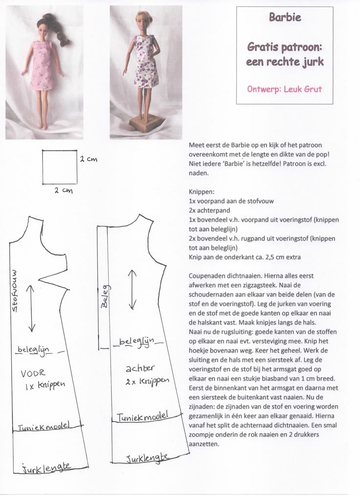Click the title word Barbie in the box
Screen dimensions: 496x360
(285, 18)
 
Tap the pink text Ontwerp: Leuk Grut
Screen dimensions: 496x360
(285, 90)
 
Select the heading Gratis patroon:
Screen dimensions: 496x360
(284, 48)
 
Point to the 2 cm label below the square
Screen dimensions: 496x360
(64, 191)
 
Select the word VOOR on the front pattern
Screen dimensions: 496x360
(33, 374)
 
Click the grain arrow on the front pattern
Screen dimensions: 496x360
(31, 309)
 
